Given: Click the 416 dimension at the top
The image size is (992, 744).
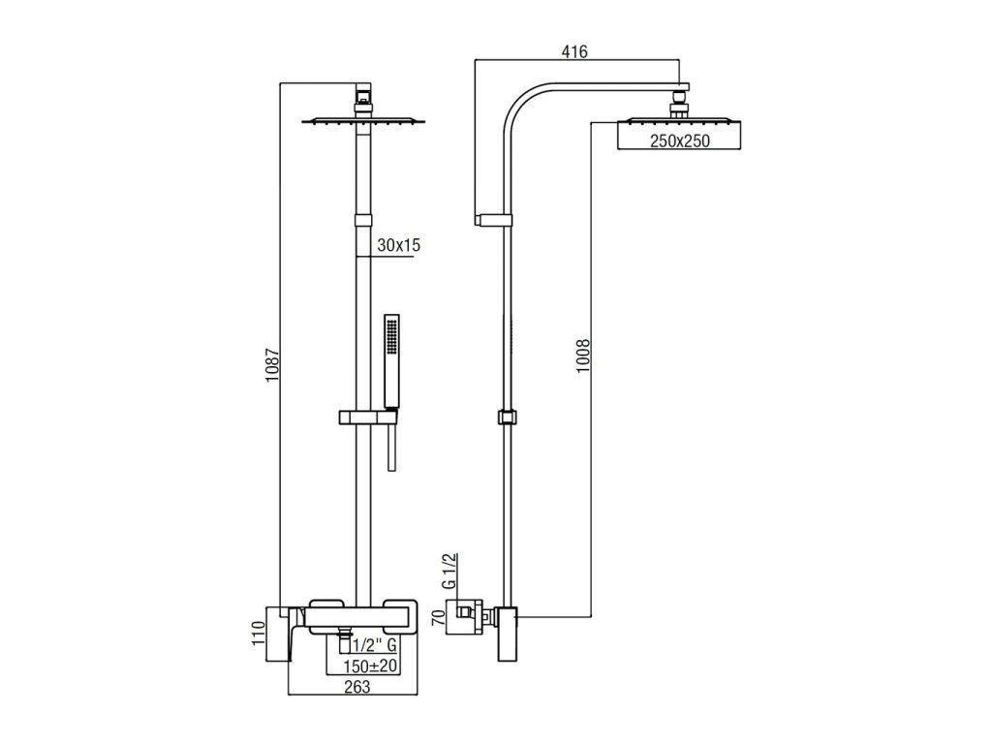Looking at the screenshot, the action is tap(574, 51).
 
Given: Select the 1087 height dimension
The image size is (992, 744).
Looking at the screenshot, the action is tap(272, 365).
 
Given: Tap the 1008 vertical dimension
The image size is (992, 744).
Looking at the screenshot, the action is tap(582, 356).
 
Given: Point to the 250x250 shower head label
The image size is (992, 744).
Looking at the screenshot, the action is tap(680, 141).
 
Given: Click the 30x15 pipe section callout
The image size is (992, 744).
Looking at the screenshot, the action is tap(398, 245).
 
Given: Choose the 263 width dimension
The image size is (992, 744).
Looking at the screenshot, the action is tap(357, 687).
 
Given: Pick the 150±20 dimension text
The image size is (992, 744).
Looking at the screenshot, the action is tap(370, 666).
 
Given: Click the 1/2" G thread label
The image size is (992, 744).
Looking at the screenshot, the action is tap(375, 645).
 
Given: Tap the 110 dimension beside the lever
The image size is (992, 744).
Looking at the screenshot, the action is tap(257, 634).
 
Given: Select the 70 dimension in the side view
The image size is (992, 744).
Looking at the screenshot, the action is tap(438, 617).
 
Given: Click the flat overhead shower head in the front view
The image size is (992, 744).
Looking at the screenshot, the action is tap(363, 120).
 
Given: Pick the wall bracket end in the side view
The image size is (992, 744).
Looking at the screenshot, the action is tap(479, 220).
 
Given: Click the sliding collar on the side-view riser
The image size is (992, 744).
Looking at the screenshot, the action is tap(507, 418).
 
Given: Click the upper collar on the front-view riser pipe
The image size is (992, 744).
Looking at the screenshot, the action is tap(363, 220).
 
